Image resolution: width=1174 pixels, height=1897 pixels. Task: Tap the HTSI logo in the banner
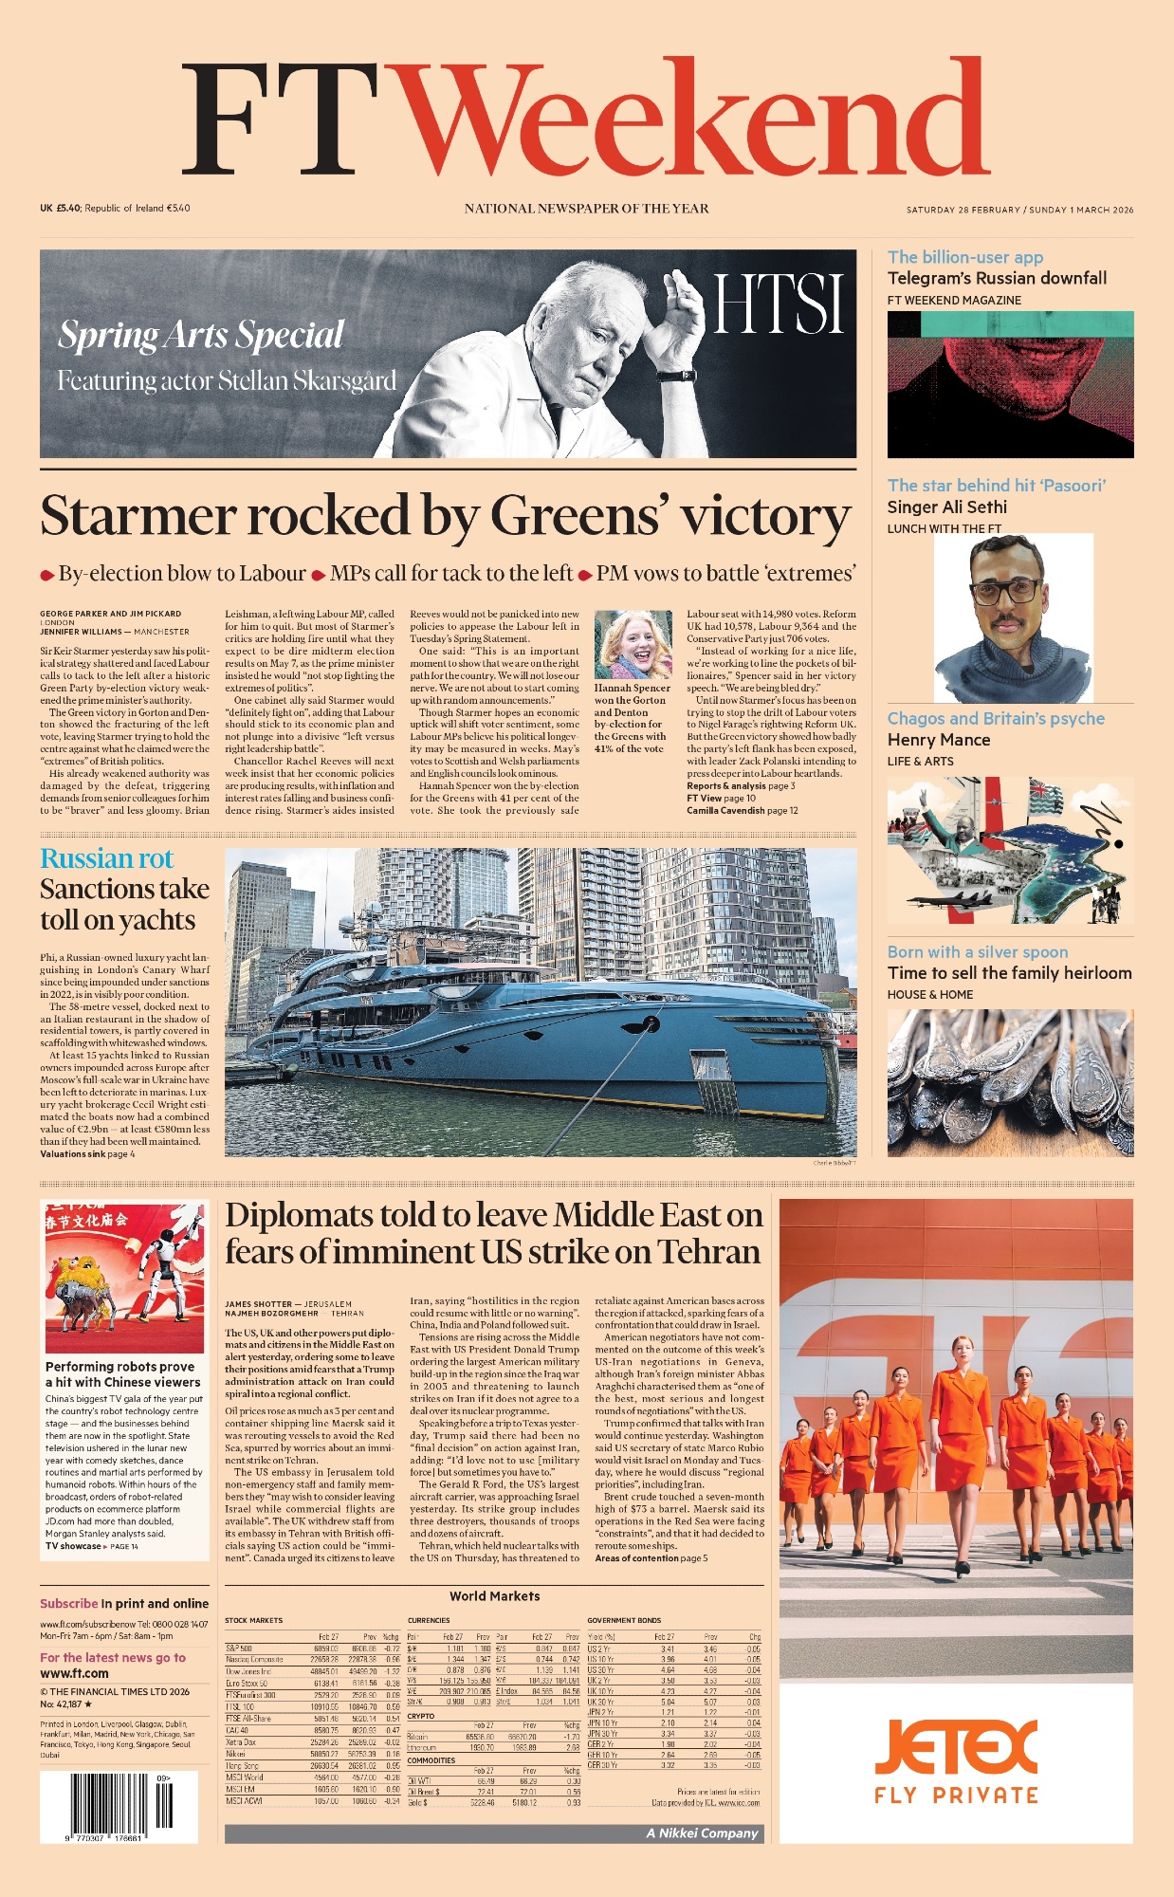(778, 304)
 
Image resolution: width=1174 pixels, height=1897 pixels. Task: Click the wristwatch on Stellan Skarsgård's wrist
(674, 376)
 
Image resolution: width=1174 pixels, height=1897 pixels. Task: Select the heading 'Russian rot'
(106, 858)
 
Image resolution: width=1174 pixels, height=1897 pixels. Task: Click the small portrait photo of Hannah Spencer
(633, 645)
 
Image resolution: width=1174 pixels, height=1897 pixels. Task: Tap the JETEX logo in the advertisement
(956, 1747)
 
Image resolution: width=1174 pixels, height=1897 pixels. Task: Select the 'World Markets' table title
(494, 1596)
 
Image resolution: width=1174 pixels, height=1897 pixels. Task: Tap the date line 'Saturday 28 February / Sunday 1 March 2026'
(1019, 210)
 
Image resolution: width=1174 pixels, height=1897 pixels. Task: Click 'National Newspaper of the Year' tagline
(586, 209)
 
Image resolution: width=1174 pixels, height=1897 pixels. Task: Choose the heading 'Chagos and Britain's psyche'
(996, 718)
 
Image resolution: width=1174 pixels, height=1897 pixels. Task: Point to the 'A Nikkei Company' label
(702, 1833)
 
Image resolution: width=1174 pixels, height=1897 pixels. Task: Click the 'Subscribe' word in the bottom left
(68, 1603)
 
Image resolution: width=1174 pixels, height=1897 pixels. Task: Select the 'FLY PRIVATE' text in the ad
(956, 1795)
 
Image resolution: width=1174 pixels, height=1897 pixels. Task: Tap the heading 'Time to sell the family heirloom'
(1009, 972)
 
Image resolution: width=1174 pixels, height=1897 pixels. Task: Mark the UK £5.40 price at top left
(61, 208)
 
